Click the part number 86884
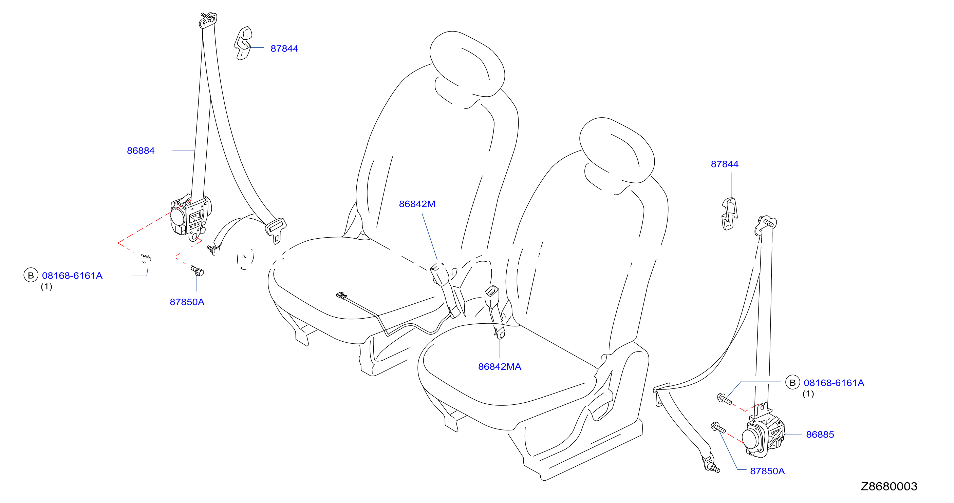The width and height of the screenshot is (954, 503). click(141, 150)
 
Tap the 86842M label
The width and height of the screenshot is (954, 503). click(417, 204)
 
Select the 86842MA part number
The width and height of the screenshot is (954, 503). click(500, 366)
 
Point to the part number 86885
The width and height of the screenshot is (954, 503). click(820, 435)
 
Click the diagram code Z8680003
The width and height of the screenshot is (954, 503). click(889, 486)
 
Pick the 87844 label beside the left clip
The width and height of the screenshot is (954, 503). click(284, 48)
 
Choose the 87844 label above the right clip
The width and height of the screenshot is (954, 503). click(724, 164)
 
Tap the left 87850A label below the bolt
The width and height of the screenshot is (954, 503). click(187, 302)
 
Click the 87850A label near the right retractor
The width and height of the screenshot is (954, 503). click(767, 471)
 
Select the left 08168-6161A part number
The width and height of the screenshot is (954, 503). click(72, 276)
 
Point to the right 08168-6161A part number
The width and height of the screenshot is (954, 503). click(834, 383)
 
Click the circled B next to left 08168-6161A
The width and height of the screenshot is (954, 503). click(31, 275)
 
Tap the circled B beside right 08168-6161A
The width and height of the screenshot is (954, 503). click(792, 382)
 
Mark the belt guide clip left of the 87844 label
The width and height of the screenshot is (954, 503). click(243, 43)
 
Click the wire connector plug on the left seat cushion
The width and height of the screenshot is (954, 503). click(341, 295)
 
